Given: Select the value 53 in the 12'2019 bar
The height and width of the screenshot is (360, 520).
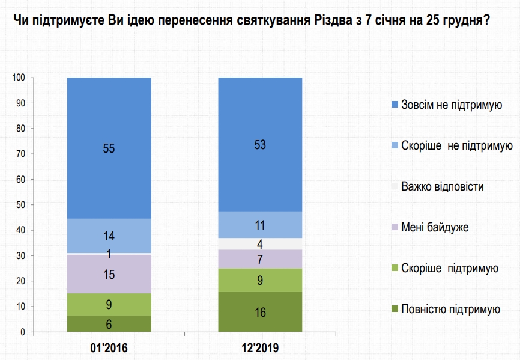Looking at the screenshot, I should pos(260,144).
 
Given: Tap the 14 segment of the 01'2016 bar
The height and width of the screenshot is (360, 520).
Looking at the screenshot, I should pos(109,236).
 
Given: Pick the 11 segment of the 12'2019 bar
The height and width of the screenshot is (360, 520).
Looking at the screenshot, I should pos(260,225).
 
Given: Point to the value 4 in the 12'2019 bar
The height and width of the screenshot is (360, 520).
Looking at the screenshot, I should pos(260,244).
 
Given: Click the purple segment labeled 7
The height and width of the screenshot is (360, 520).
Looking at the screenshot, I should pos(260,259).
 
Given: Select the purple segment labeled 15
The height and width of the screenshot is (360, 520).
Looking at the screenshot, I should pos(109,274).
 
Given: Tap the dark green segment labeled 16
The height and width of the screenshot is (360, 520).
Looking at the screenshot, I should pos(260,312).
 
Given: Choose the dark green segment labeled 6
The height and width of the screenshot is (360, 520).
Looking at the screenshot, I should pos(109,324).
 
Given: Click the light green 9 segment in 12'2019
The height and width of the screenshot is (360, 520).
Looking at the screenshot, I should pos(260,280).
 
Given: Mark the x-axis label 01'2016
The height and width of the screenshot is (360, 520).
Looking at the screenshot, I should pos(109,348).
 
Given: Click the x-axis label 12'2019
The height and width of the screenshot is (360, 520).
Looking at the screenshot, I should pos(260,348).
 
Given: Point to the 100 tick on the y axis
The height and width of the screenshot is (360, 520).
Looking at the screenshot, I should pos(18,78).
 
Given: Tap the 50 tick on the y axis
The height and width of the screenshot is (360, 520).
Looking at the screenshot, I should pos(20,205).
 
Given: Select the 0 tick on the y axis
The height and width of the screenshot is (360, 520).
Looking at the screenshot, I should pos(22,332).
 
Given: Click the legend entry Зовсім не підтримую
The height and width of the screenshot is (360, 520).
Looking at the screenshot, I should pos(451,105).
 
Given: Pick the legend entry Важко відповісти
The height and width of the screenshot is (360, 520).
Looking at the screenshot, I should pos(443,186).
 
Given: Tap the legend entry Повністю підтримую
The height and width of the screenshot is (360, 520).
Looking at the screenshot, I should pos(450,310).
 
